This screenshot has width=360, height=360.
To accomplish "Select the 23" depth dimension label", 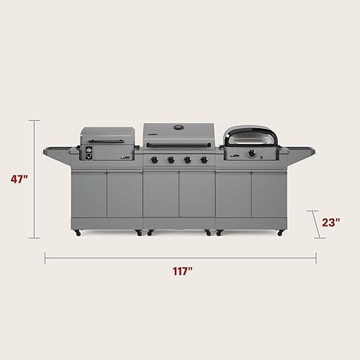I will (330, 222).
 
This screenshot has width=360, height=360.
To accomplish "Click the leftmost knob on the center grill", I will (157, 160).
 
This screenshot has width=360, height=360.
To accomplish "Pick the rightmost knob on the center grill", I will (204, 160).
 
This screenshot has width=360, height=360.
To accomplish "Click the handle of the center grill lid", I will (178, 145).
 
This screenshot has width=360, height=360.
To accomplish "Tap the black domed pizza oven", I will (248, 136).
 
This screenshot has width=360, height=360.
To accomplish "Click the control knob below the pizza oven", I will (251, 153).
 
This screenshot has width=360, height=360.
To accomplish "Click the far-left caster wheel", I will (77, 233).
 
